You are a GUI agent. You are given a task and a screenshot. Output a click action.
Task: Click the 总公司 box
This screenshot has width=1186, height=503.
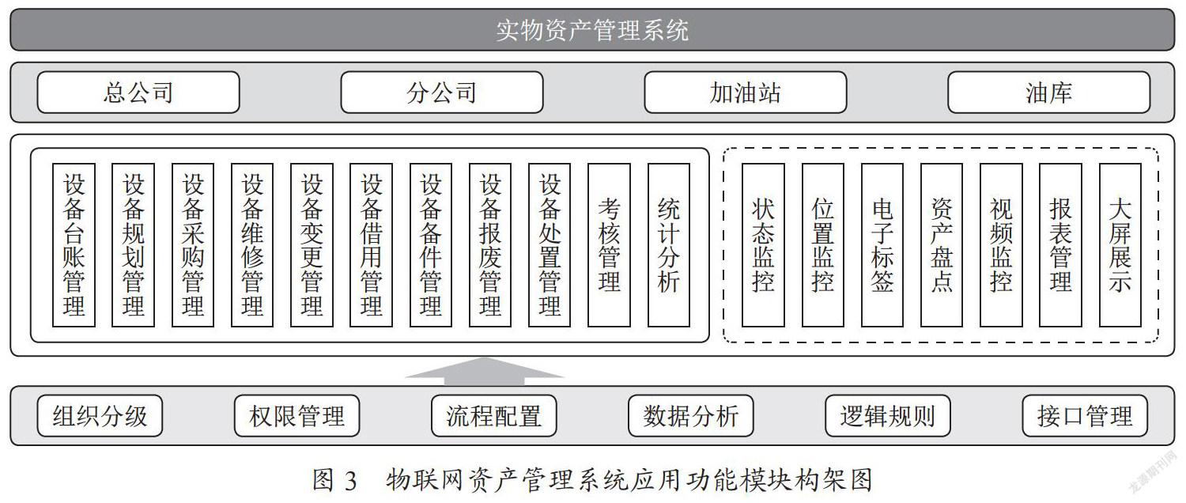(138, 93)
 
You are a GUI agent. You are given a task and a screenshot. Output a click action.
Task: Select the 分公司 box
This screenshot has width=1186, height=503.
(441, 93)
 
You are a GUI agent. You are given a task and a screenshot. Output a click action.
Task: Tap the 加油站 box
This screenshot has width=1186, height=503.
(745, 93)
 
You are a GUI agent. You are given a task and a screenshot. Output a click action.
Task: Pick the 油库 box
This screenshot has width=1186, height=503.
(1048, 93)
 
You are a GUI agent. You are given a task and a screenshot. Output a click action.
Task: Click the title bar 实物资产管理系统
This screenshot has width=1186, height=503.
(592, 30)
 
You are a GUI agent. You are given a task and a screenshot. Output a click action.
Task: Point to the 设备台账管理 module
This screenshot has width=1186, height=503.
(74, 244)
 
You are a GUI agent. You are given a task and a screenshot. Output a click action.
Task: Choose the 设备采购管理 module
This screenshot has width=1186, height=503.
(193, 244)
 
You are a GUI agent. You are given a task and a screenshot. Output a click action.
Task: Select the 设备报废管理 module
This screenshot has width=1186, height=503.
(489, 244)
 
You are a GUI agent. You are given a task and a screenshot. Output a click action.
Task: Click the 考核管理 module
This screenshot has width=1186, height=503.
(609, 244)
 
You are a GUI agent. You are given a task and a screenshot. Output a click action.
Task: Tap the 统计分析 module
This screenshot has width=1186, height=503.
(668, 244)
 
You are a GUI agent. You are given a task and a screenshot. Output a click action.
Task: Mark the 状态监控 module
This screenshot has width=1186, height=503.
(763, 244)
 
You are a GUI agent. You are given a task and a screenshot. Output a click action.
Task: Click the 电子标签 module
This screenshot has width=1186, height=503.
(882, 244)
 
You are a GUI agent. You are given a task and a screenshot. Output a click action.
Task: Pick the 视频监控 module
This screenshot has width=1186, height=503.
(1001, 244)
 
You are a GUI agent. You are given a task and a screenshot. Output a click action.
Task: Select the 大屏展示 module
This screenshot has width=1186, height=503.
(1120, 244)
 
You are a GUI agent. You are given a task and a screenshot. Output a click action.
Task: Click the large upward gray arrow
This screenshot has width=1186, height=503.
(484, 371)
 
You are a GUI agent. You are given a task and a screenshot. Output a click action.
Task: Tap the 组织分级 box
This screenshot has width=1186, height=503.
(100, 416)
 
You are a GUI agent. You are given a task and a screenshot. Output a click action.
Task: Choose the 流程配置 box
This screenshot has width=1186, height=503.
(493, 416)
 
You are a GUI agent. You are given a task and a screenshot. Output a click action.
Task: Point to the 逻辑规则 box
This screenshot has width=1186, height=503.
(887, 416)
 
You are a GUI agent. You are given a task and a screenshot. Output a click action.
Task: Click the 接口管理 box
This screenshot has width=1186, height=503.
(1085, 416)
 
